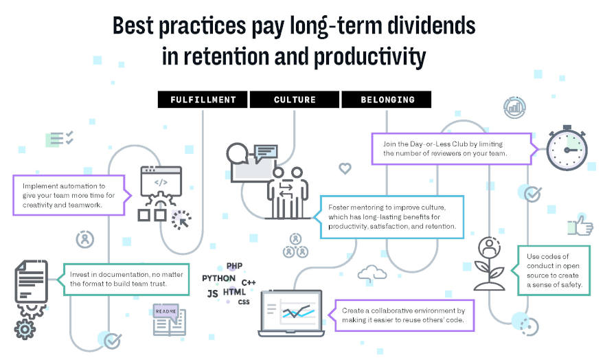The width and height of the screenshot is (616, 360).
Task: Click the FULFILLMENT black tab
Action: tap(203, 100)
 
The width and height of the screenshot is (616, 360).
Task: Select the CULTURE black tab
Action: tap(295, 100)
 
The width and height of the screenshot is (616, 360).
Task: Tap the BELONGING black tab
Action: tap(387, 100)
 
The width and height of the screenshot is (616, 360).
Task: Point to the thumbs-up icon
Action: tap(580, 225)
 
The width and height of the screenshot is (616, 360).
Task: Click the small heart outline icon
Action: tap(345, 168)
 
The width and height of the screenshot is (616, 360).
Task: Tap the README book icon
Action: tap(169, 319)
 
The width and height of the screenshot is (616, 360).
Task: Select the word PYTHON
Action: tap(218, 278)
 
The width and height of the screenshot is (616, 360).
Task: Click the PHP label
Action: tap(234, 266)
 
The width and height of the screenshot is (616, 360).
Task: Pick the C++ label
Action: tap(249, 282)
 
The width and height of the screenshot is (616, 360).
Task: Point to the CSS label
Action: tap(244, 302)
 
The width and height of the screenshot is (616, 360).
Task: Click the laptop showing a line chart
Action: tap(291, 313)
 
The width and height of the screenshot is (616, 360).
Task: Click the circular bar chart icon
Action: tap(514, 107)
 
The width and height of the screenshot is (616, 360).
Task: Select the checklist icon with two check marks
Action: tap(59, 139)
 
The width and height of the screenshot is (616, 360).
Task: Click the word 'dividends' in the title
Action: tap(431, 25)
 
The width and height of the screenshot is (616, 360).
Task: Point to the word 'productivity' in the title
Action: tap(369, 57)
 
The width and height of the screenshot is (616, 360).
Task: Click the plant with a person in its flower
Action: tap(489, 263)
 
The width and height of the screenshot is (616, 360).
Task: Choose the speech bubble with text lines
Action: tap(266, 153)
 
